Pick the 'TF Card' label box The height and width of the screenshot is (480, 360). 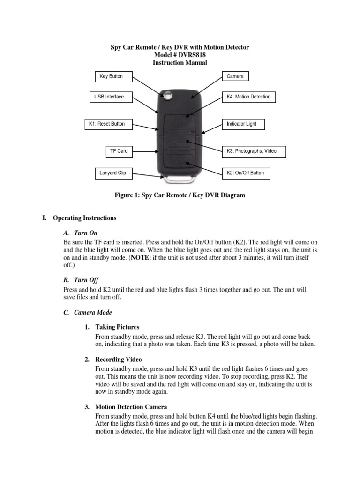tap(119, 151)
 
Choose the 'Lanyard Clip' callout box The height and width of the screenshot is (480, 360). tap(113, 173)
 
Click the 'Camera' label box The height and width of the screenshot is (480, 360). tap(235, 76)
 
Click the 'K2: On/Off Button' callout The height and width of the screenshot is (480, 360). tap(246, 173)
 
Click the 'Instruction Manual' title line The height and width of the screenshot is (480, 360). tap(180, 63)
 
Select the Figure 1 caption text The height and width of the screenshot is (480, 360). tap(180, 195)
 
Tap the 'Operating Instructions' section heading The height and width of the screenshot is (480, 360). tap(84, 218)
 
